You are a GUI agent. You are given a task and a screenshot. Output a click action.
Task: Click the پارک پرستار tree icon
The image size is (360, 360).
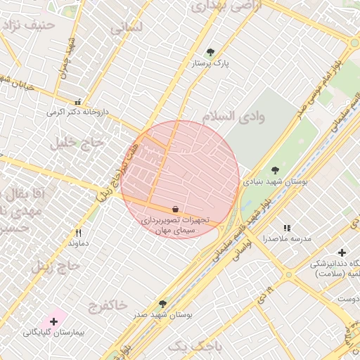[210, 51]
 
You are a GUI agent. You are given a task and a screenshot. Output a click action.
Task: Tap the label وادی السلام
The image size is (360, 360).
[233, 117]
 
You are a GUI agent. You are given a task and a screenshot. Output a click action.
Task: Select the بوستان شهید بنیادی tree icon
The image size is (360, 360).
[275, 170]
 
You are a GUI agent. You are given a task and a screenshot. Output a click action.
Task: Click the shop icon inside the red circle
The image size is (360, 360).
[174, 209]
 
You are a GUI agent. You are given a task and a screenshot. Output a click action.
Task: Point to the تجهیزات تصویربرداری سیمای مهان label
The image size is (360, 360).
[174, 225]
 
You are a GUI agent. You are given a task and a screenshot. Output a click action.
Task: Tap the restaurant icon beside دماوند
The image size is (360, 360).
[79, 232]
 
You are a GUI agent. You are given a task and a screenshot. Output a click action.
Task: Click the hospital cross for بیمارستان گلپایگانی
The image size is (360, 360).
[53, 321]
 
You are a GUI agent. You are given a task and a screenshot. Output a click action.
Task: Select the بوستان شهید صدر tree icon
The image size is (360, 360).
[163, 304]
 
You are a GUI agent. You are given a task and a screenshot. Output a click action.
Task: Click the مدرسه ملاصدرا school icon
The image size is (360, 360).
[286, 228]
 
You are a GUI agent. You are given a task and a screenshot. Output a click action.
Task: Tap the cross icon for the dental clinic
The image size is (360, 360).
[342, 252]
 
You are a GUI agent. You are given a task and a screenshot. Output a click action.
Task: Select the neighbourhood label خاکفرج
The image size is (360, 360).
[108, 304]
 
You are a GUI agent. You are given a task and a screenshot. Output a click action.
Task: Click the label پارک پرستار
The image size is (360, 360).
[211, 63]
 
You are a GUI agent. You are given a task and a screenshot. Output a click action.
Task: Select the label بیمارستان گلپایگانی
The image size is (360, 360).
[53, 333]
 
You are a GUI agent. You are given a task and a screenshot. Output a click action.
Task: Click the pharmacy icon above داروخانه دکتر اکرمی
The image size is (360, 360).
[77, 101]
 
